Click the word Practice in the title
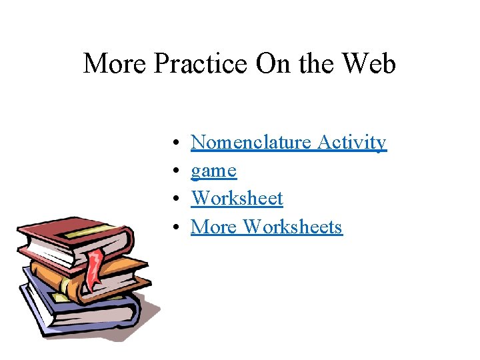(x=201, y=64)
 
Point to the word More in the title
(x=115, y=64)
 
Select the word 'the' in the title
(x=315, y=64)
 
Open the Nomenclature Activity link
(x=288, y=143)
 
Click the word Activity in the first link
(x=352, y=143)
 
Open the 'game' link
(x=213, y=171)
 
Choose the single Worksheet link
(x=237, y=199)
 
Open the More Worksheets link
(x=266, y=227)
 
